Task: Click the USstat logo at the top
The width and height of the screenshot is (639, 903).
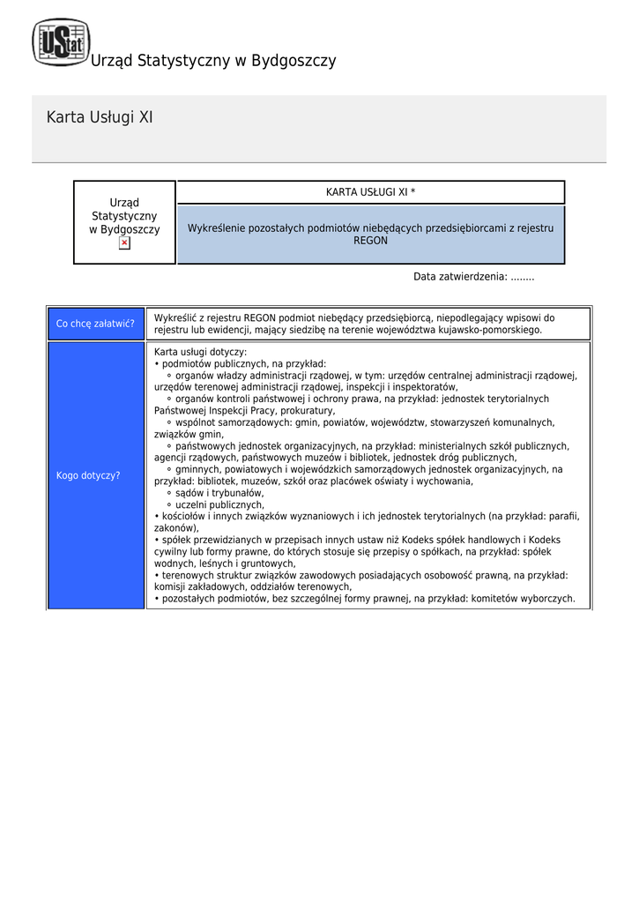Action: pyautogui.click(x=61, y=42)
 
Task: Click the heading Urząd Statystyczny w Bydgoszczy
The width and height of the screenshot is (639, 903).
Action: pyautogui.click(x=213, y=61)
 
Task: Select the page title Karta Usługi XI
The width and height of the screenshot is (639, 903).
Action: pyautogui.click(x=100, y=117)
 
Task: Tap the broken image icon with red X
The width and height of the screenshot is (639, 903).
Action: pyautogui.click(x=124, y=243)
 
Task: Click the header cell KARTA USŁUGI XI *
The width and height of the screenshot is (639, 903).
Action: pyautogui.click(x=370, y=192)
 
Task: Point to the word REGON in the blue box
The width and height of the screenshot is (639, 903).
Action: pyautogui.click(x=370, y=240)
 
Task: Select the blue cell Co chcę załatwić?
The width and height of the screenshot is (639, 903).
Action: pyautogui.click(x=95, y=324)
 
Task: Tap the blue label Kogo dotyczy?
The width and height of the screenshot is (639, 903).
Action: pyautogui.click(x=88, y=475)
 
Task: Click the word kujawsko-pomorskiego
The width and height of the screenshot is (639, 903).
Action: pyautogui.click(x=490, y=330)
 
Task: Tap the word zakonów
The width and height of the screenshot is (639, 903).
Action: pyautogui.click(x=175, y=528)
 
